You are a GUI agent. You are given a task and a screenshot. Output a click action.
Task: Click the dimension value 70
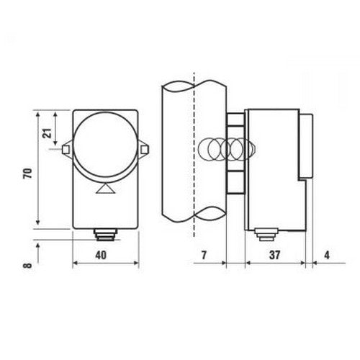click(28, 174)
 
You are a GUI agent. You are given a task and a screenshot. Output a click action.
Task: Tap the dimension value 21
click(48, 133)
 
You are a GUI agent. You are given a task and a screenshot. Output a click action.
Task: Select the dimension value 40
click(101, 255)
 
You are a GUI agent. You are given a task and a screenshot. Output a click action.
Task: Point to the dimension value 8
click(28, 266)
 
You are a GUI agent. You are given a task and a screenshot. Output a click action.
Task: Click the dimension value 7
click(204, 255)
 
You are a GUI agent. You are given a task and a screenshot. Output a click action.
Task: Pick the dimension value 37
click(274, 255)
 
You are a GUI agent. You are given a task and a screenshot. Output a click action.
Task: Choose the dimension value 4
click(327, 255)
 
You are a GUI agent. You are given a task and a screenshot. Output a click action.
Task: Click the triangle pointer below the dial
click(106, 189)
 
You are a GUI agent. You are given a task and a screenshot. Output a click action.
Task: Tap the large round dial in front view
click(105, 145)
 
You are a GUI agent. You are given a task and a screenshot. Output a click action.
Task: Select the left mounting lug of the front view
click(67, 149)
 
